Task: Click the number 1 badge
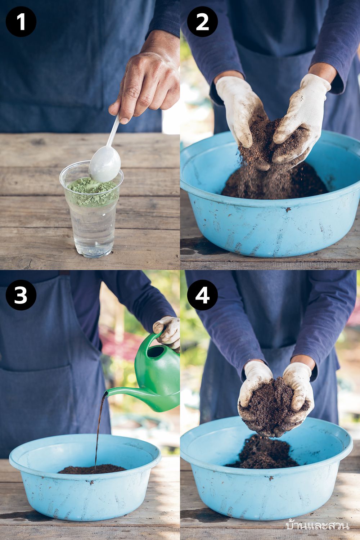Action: [x=21, y=22]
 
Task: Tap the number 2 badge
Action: [x=202, y=22]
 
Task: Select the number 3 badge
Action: [x=21, y=295]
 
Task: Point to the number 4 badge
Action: [x=202, y=295]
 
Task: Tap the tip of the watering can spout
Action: [x=105, y=393]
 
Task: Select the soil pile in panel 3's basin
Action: [x=92, y=469]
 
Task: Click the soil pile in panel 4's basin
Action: [x=263, y=453]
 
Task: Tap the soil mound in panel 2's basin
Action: [x=275, y=181]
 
